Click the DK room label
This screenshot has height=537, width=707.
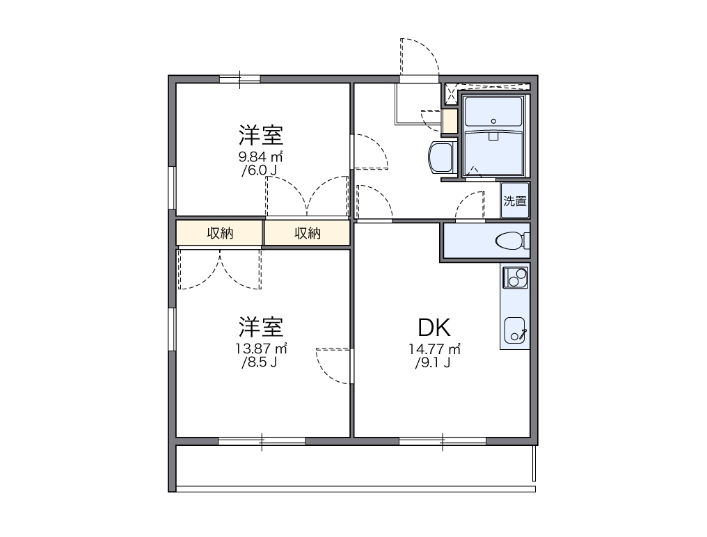coord(435,327)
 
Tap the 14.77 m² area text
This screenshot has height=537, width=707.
coord(435,348)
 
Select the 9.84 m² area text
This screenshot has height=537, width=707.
coord(262,156)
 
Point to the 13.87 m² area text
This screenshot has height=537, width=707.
coord(262,348)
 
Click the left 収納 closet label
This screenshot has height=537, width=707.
coord(219,234)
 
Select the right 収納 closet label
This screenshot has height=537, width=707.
coord(307,234)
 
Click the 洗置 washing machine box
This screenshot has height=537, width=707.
coord(515,202)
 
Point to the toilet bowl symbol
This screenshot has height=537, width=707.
coord(511,241)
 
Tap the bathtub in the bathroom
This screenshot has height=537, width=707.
coord(493,152)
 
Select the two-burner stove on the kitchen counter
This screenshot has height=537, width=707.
coord(516,277)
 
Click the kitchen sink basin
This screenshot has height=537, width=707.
coord(516,330)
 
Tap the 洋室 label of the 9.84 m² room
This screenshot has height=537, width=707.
coord(262,134)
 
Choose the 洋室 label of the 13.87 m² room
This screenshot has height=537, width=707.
coord(262,326)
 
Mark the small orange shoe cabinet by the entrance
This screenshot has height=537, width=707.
coord(450,121)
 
